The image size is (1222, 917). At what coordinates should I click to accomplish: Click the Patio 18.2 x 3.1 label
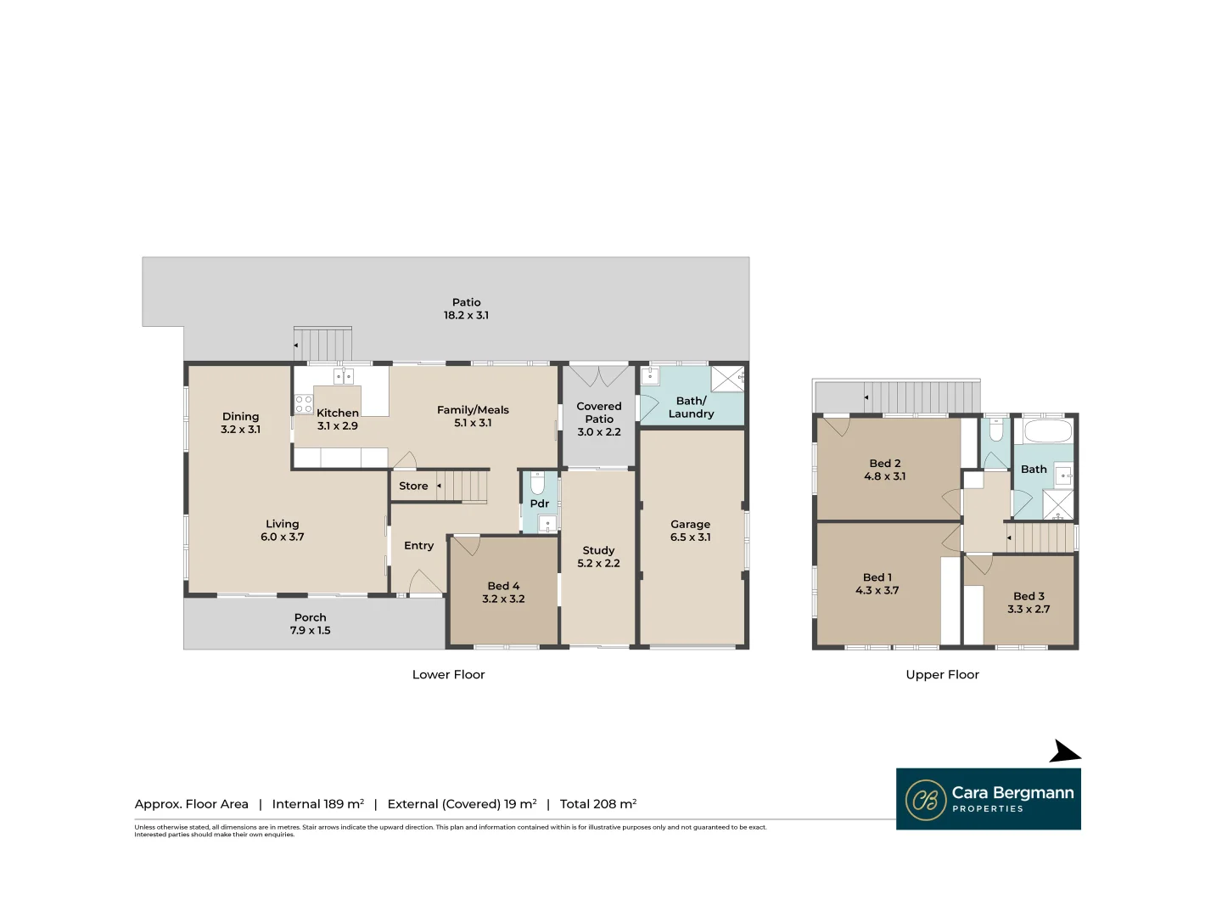466,308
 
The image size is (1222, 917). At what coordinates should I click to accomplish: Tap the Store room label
413,486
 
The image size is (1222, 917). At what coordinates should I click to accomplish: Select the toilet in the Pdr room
536,484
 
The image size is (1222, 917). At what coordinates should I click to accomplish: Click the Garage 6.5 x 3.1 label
690,531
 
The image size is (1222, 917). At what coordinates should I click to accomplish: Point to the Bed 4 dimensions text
503,599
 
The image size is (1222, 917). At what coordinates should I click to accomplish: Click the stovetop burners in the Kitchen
304,404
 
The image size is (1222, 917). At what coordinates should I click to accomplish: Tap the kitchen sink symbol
343,376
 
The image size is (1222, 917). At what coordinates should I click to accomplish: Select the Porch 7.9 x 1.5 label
311,624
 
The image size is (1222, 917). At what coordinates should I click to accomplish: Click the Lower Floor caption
448,674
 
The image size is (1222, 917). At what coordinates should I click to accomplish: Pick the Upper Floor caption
942,674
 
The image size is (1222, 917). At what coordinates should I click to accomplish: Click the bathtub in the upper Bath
1048,430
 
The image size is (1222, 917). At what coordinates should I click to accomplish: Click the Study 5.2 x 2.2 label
598,557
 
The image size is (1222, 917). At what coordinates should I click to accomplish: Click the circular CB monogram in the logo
926,800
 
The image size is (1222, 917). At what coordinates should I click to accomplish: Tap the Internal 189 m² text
318,804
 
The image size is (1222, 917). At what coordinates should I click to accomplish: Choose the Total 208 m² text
598,804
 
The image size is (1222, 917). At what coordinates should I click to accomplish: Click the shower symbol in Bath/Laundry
727,379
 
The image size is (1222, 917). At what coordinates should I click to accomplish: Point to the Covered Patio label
599,413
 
